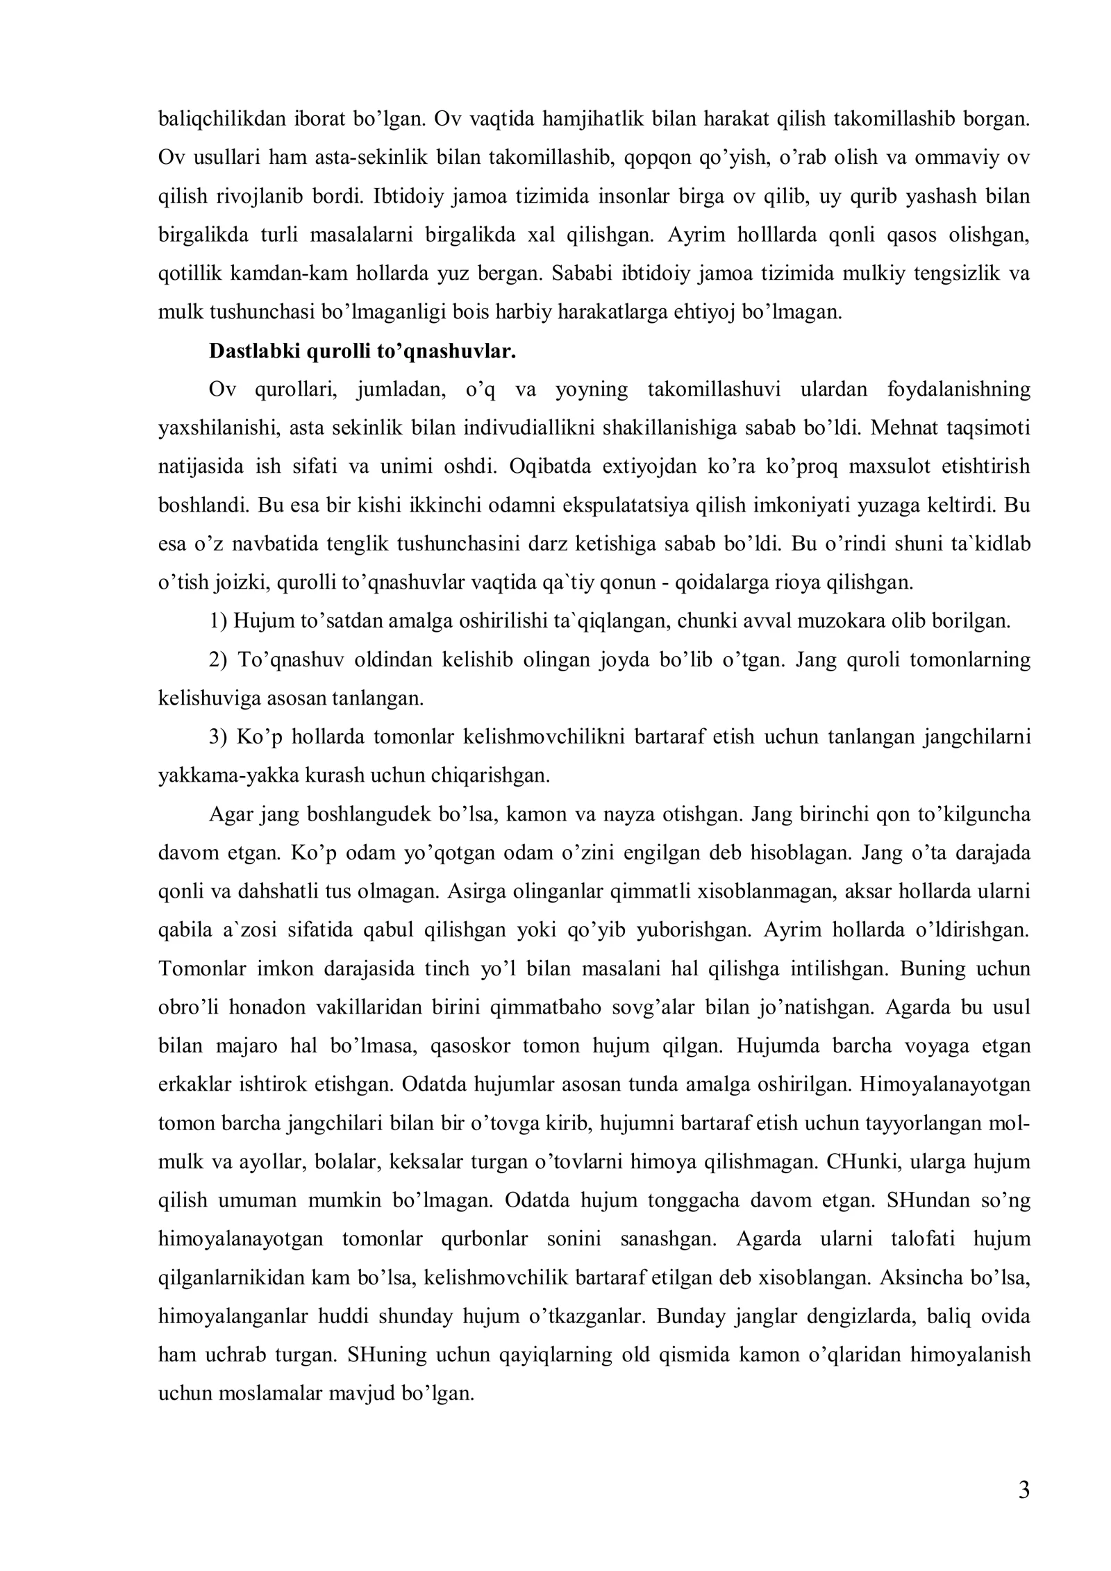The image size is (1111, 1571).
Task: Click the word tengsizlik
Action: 951,274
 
